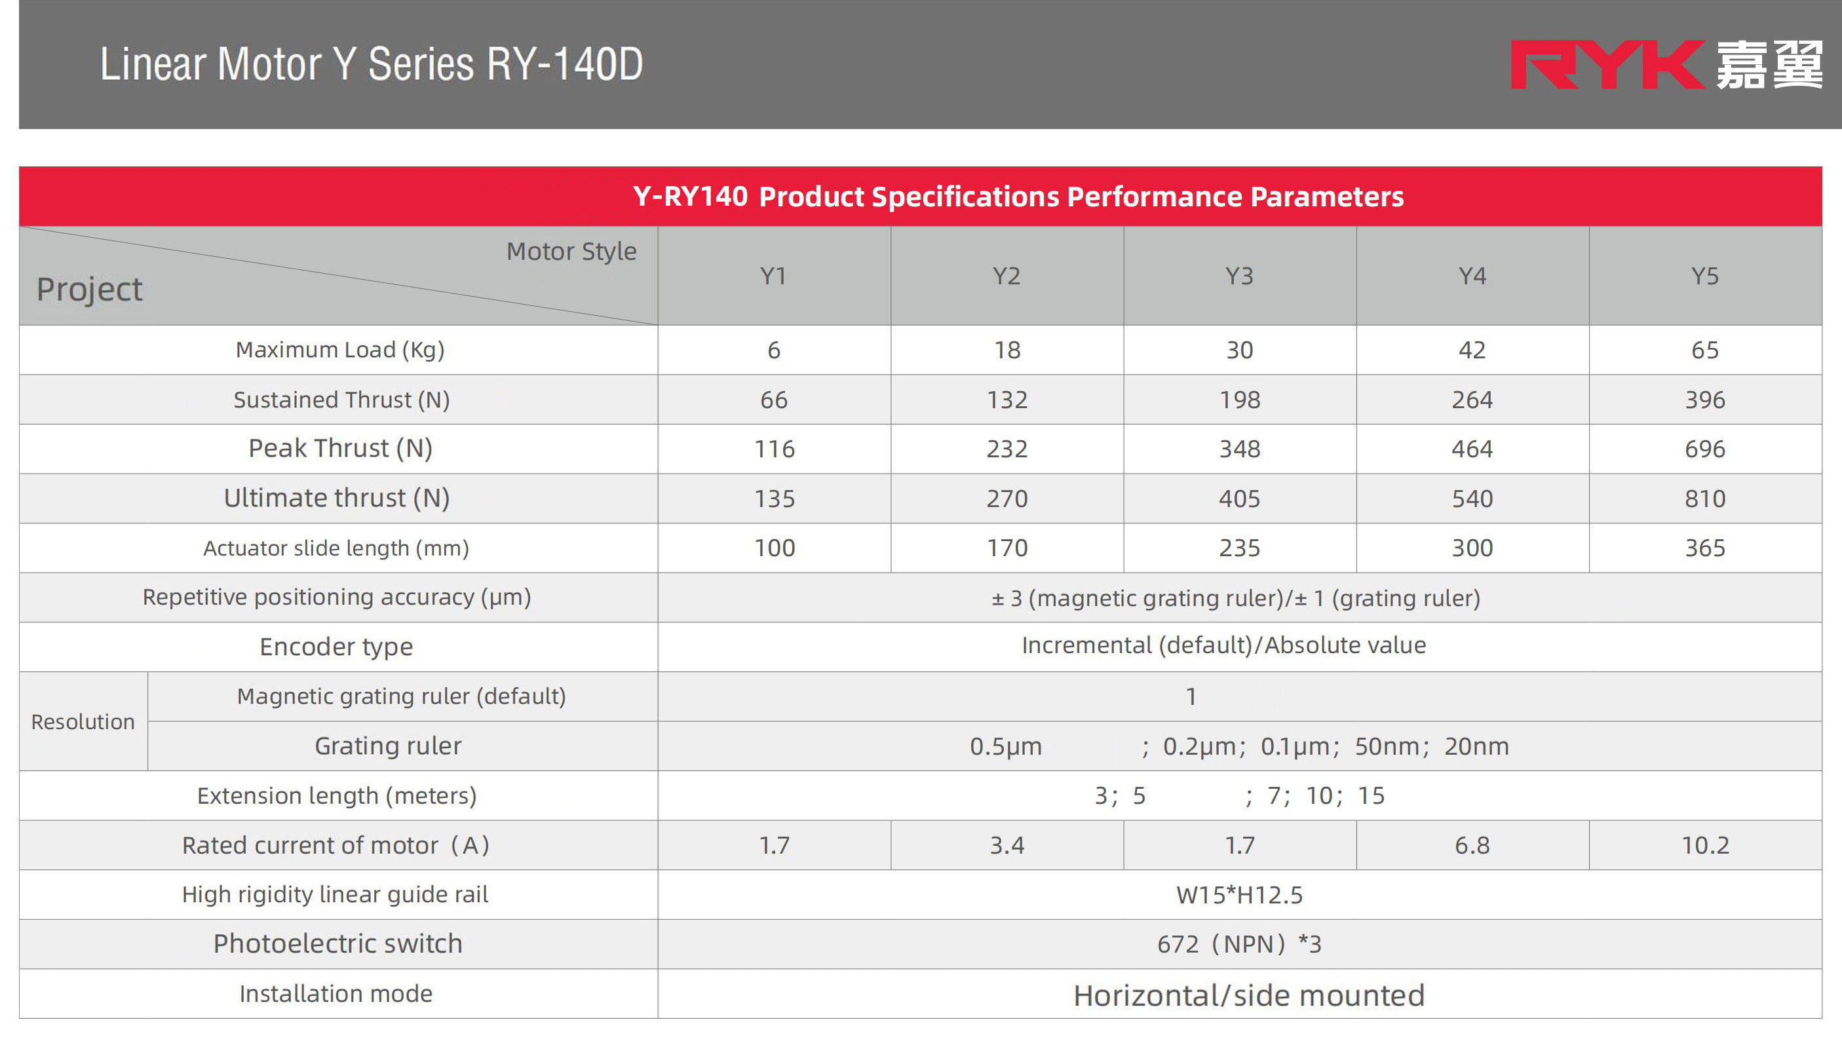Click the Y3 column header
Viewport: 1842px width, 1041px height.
(1239, 276)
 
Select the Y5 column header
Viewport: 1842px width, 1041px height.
(1704, 276)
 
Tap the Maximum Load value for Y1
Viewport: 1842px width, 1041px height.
(774, 350)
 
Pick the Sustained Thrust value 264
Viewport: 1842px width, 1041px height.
(1472, 400)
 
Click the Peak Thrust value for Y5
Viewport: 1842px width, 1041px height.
(1704, 449)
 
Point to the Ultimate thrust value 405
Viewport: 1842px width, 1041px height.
(1239, 499)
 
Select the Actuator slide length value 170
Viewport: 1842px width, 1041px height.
(1007, 548)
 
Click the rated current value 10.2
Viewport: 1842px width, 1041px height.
(1704, 846)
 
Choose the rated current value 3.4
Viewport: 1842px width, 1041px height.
(1007, 846)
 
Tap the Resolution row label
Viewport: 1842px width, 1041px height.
(83, 722)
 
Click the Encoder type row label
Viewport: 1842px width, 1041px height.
(336, 647)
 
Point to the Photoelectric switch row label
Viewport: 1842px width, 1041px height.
(337, 945)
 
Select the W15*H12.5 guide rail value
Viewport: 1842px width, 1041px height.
(1239, 895)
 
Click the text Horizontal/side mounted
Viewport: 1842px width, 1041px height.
(1248, 995)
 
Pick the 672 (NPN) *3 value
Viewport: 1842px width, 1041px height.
(1239, 945)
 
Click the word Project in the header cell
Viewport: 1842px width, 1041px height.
(89, 290)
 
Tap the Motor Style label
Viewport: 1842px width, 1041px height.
(571, 252)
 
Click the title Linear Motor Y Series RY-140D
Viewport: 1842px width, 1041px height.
(371, 64)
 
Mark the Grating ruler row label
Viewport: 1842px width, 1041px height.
(387, 746)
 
